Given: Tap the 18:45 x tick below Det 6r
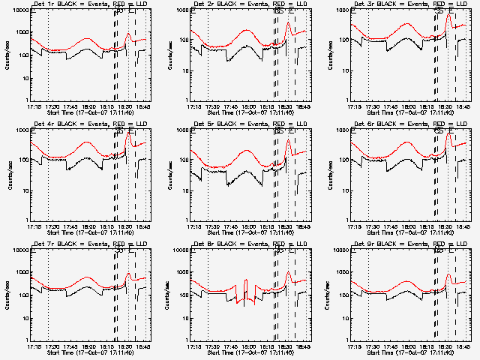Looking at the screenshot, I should click(x=463, y=226).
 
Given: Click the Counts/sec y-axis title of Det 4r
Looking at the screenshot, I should click(x=9, y=175).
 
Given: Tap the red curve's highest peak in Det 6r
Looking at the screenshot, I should click(x=448, y=134).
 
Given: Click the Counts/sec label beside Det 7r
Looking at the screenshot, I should click(x=9, y=295).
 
